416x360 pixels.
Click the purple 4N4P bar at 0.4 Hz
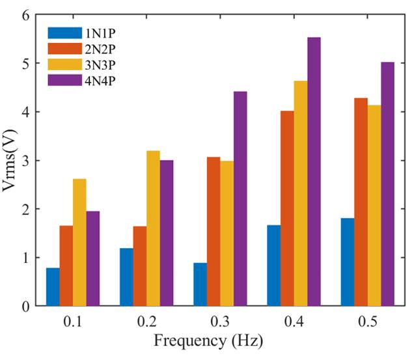tap(314, 172)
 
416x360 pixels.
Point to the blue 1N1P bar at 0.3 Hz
tap(200, 284)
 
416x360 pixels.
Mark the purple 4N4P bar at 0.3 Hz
tap(240, 199)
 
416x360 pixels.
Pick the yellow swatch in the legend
tap(63, 64)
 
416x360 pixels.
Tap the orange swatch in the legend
tap(63, 48)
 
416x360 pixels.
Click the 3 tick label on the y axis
tap(25, 161)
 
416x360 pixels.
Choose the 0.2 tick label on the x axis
tap(146, 321)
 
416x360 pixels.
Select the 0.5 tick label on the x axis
tap(367, 321)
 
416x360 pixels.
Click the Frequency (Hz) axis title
tap(208, 340)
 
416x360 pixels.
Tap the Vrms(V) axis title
tap(10, 160)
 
